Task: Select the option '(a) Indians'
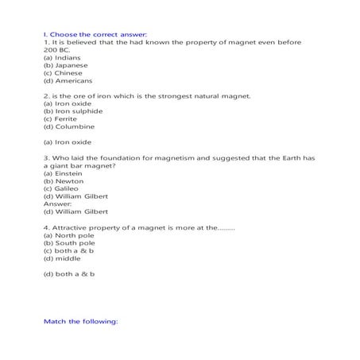[x=61, y=57]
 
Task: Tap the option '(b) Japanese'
[x=65, y=65]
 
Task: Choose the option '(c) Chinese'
[x=63, y=73]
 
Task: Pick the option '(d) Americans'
[x=68, y=80]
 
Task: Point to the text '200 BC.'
[x=56, y=50]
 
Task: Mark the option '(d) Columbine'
[x=68, y=126]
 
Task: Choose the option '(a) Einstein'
[x=63, y=172]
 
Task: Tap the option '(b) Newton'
[x=62, y=180]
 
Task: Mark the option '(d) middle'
[x=61, y=258]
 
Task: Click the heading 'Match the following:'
[x=79, y=321]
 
